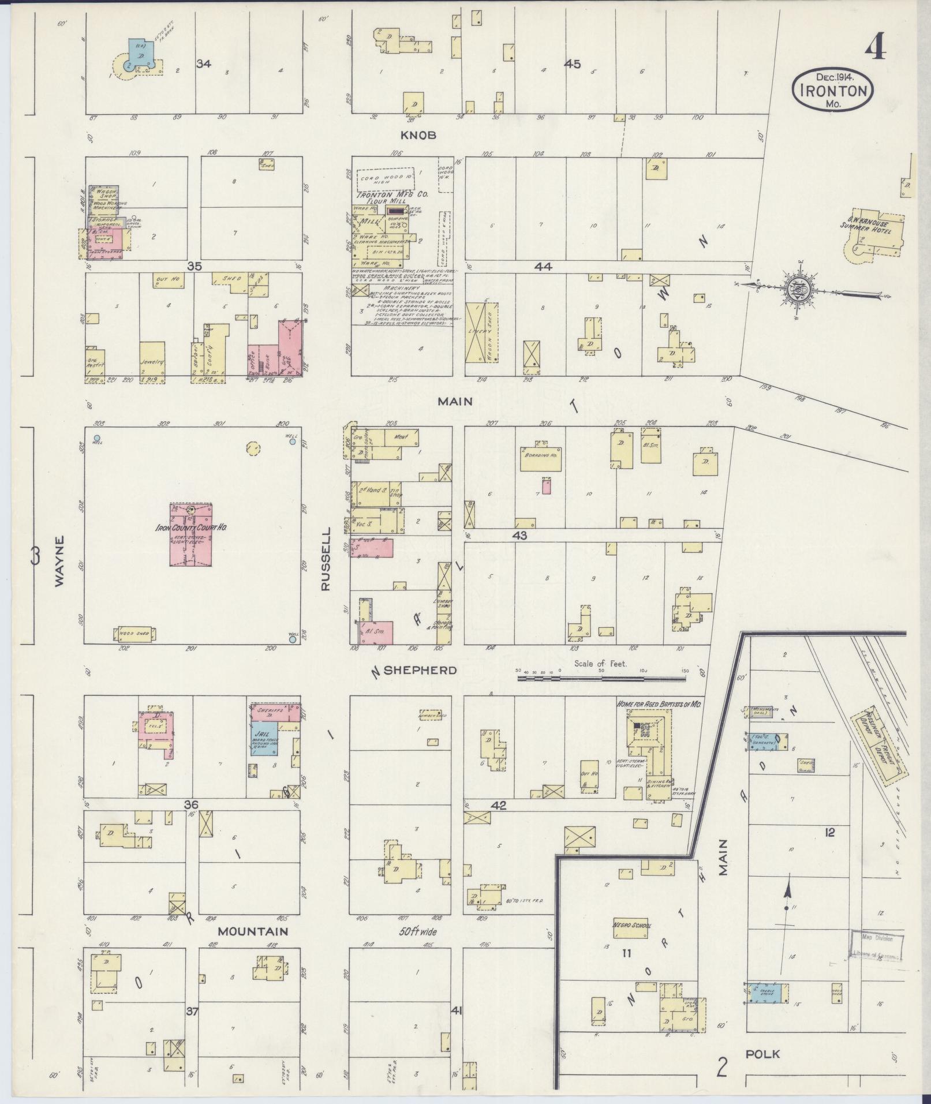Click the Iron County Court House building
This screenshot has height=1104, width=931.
pyautogui.click(x=191, y=534)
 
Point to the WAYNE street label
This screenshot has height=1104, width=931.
pyautogui.click(x=60, y=562)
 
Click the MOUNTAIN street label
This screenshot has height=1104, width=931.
pyautogui.click(x=252, y=947)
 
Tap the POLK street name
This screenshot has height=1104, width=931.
pyautogui.click(x=762, y=1054)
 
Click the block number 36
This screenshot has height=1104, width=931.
pyautogui.click(x=190, y=805)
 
